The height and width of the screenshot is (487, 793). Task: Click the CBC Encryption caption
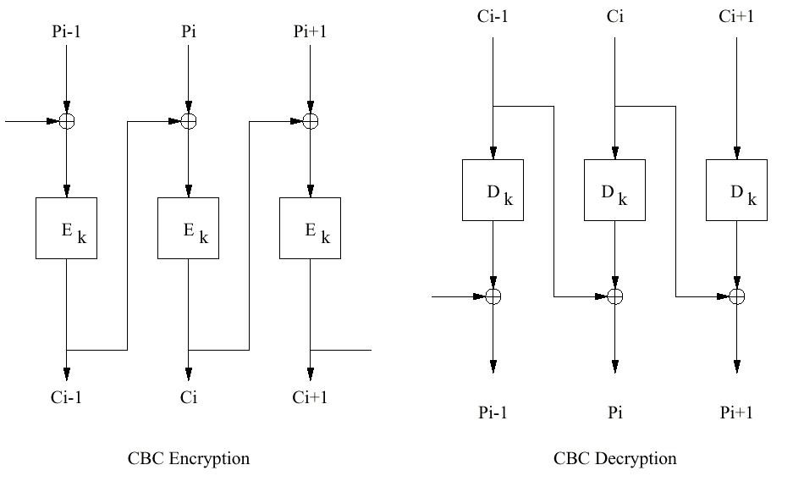[189, 459]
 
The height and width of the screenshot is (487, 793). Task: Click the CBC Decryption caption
[615, 459]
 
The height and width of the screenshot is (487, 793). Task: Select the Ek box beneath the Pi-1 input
[66, 228]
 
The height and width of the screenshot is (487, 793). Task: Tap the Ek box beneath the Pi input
[188, 228]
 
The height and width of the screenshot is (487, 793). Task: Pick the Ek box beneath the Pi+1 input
[310, 228]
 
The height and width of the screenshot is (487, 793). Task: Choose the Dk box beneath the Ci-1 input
[493, 190]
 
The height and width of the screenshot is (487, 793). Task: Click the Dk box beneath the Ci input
[614, 190]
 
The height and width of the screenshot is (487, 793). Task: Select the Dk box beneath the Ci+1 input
[736, 190]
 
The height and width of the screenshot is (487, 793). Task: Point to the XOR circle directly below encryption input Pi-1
[67, 121]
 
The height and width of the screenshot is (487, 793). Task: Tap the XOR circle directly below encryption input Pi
[188, 121]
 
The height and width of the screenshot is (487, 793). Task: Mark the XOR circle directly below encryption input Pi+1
[310, 121]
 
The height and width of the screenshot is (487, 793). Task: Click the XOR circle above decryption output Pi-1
[493, 296]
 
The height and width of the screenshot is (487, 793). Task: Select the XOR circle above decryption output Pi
[615, 296]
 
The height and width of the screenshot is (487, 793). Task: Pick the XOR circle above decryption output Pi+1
[736, 296]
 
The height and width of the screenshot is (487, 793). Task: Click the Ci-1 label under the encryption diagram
[67, 397]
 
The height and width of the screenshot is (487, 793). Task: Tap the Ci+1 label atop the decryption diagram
[736, 17]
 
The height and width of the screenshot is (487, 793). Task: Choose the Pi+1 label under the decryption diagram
[736, 412]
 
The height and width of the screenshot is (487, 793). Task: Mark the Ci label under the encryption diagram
[188, 397]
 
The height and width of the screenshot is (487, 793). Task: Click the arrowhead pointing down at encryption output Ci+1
[310, 374]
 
